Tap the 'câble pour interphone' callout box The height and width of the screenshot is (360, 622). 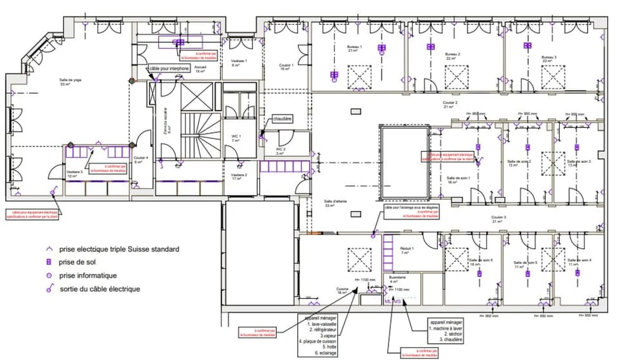point(169,68)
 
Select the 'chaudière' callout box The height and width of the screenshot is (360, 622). point(282,118)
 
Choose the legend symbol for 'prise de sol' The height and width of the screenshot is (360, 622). point(49,262)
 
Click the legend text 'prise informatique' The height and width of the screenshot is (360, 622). point(88,275)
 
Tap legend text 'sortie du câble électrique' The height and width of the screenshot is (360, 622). point(100,289)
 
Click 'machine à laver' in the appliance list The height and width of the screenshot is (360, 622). point(447,328)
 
